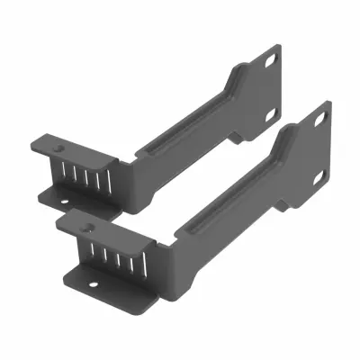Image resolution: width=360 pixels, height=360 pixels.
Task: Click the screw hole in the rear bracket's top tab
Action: coord(60,144)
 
